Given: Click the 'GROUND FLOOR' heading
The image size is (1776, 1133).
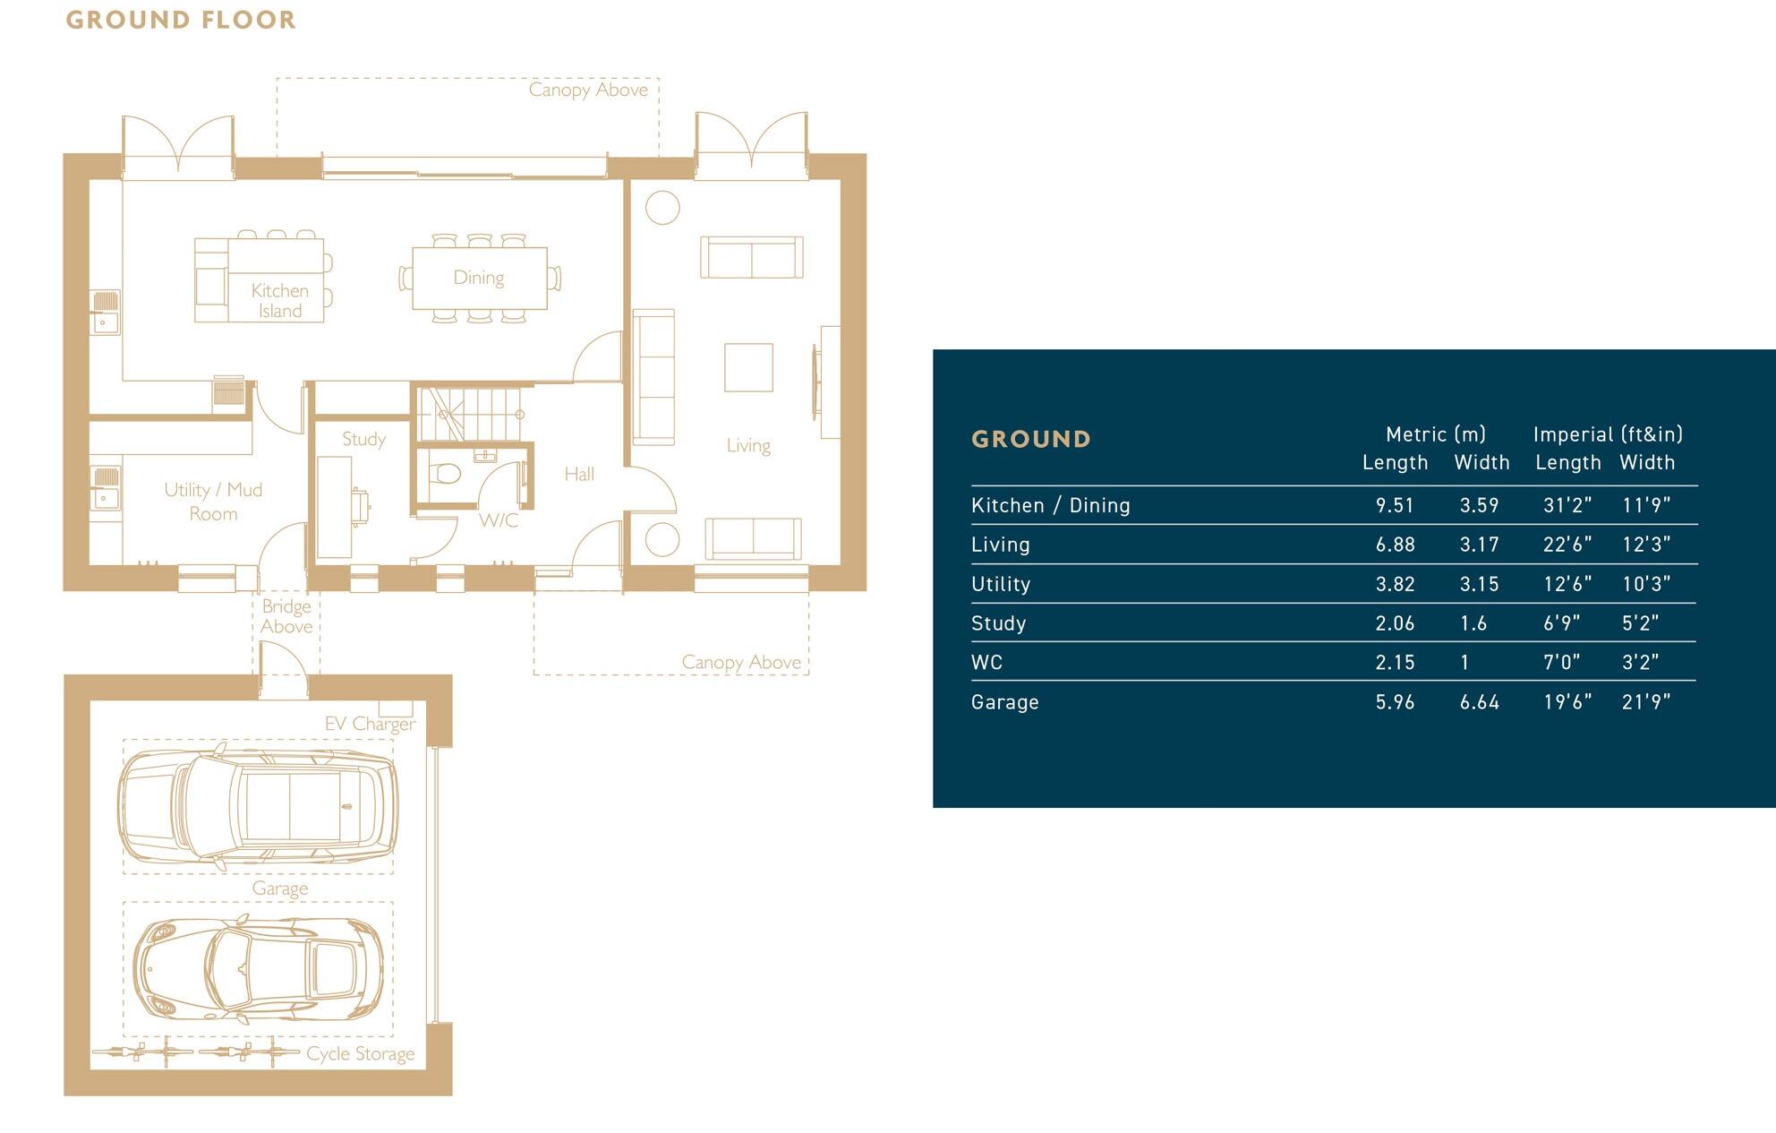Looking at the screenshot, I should click(x=181, y=20).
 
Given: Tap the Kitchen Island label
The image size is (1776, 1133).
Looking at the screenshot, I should click(x=279, y=301).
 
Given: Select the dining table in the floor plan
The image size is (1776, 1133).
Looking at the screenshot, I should click(x=479, y=278).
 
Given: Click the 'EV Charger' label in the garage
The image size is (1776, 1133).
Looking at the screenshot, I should click(x=370, y=724).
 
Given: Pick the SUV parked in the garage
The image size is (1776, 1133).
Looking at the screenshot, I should click(x=258, y=800).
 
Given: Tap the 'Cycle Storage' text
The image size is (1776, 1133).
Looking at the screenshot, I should click(x=360, y=1054).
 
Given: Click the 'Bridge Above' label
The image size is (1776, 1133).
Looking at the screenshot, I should click(x=286, y=616).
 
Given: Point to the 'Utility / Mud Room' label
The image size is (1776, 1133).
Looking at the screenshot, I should click(x=213, y=502).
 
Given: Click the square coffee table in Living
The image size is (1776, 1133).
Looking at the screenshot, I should click(x=748, y=367).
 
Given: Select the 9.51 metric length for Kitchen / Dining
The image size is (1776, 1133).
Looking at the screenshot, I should click(x=1395, y=506).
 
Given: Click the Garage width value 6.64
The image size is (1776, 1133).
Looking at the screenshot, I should click(x=1479, y=702).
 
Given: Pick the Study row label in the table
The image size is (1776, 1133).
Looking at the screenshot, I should click(x=998, y=623).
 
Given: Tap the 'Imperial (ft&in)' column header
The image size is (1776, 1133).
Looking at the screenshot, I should click(x=1608, y=434).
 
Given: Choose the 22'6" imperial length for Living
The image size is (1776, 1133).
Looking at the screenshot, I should click(x=1567, y=545).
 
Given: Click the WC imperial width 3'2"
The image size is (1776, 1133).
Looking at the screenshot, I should click(x=1640, y=663).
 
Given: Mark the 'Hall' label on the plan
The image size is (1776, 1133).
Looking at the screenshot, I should click(x=579, y=475).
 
